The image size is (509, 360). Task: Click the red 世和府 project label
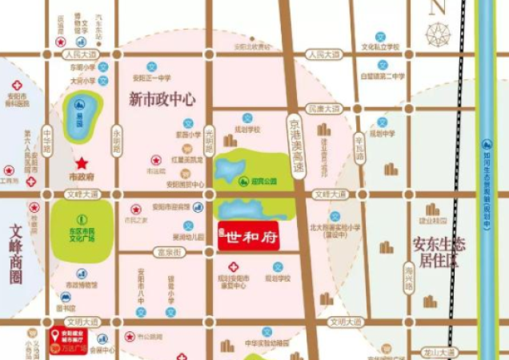[x=250, y=237]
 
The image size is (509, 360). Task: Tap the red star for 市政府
[x=82, y=162]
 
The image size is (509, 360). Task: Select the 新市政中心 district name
[x=162, y=99]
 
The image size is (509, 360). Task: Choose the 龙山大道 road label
[x=440, y=351]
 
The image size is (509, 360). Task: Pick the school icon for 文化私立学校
[x=380, y=37]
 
